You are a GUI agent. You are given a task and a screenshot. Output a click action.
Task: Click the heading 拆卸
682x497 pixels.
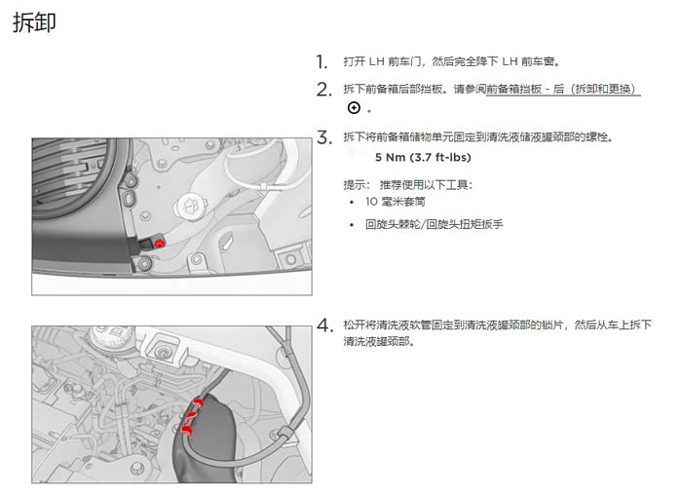tap(34, 22)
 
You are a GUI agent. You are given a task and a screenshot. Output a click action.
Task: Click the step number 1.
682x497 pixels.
tap(322, 62)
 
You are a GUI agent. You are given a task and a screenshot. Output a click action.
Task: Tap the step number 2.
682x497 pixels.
tap(324, 90)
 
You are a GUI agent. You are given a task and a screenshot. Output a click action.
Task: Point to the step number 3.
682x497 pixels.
tap(324, 137)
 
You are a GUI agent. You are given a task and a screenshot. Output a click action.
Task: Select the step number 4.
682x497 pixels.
tap(324, 325)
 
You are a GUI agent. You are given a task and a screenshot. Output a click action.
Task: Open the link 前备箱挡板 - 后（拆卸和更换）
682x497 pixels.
tap(563, 90)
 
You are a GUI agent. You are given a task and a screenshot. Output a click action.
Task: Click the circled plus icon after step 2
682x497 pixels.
tap(354, 107)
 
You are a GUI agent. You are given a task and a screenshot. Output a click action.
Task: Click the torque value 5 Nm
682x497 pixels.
tap(390, 157)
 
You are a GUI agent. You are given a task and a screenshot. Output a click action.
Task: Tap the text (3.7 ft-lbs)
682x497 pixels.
tap(440, 157)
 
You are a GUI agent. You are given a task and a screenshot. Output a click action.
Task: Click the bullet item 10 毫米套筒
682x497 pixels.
tap(396, 202)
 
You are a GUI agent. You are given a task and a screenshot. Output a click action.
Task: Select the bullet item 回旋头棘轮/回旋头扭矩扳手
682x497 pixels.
tap(435, 224)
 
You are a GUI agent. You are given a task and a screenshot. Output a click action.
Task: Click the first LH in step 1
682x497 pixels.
tap(377, 61)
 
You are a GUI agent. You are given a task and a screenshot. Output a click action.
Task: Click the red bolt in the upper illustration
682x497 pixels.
tap(160, 245)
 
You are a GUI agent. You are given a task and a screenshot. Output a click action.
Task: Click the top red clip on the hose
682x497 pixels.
tap(199, 403)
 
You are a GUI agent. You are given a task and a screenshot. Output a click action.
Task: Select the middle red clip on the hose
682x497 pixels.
tap(190, 418)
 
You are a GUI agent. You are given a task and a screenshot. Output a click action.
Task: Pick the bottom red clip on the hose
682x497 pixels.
tap(187, 431)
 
